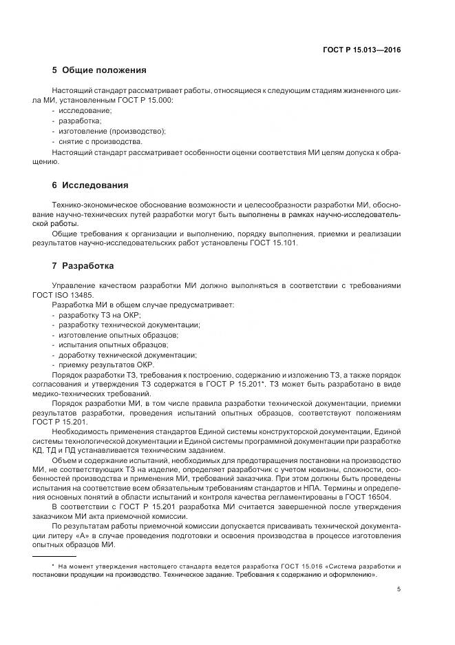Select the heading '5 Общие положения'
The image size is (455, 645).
click(x=99, y=70)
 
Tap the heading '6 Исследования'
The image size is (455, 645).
click(x=89, y=186)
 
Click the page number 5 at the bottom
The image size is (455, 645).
click(x=399, y=588)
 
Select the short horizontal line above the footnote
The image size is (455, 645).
click(x=54, y=555)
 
